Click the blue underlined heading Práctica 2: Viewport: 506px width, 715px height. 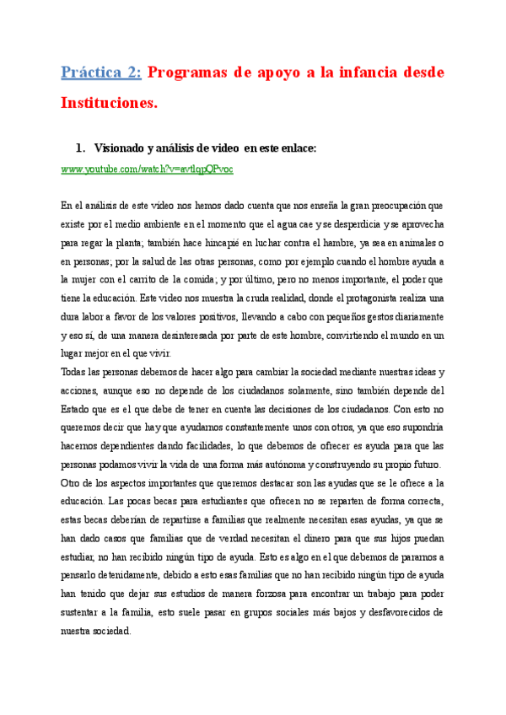click(x=101, y=73)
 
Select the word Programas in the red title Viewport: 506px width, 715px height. click(x=190, y=73)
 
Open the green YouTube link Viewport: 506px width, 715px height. click(x=147, y=169)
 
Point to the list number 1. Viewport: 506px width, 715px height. click(x=80, y=148)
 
